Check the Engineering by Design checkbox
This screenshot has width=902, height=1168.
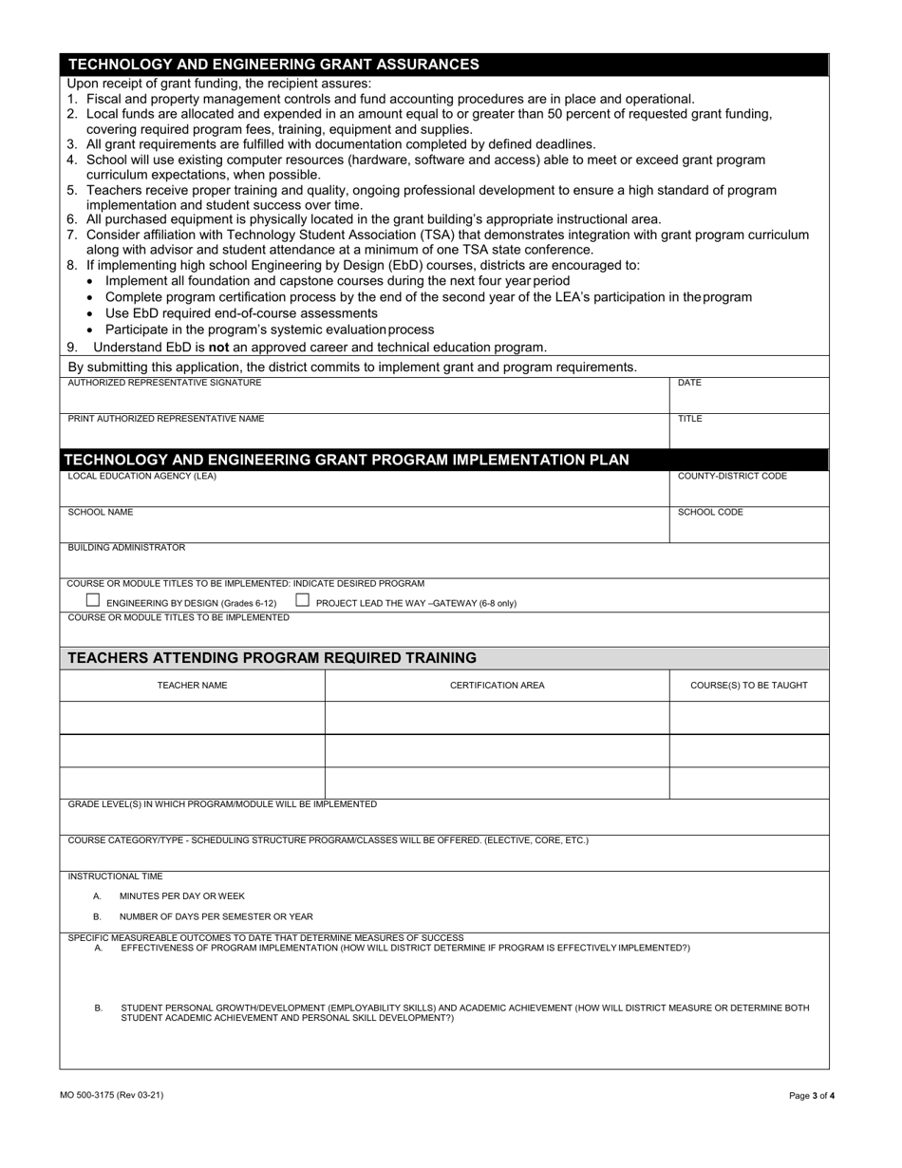tap(93, 600)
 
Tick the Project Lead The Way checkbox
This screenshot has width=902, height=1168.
tap(302, 600)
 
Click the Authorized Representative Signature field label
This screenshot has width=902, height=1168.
tap(164, 383)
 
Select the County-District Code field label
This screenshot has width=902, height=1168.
tap(731, 477)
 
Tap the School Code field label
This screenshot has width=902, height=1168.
tap(710, 513)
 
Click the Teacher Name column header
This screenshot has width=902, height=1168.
tap(192, 686)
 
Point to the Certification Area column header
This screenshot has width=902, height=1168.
tap(497, 686)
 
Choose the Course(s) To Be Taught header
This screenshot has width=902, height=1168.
tap(748, 686)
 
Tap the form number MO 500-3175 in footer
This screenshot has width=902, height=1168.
tap(111, 1095)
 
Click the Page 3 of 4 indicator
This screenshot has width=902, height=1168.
tap(812, 1096)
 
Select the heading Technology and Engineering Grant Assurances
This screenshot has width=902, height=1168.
tap(273, 65)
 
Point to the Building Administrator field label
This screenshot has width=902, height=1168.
tap(126, 548)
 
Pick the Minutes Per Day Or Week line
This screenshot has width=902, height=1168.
tap(181, 895)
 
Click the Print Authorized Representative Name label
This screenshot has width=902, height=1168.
tap(166, 419)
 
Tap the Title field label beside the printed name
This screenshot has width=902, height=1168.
tap(689, 419)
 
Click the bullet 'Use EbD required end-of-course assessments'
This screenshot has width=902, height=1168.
tap(241, 313)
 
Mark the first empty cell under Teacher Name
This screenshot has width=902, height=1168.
tap(192, 718)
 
